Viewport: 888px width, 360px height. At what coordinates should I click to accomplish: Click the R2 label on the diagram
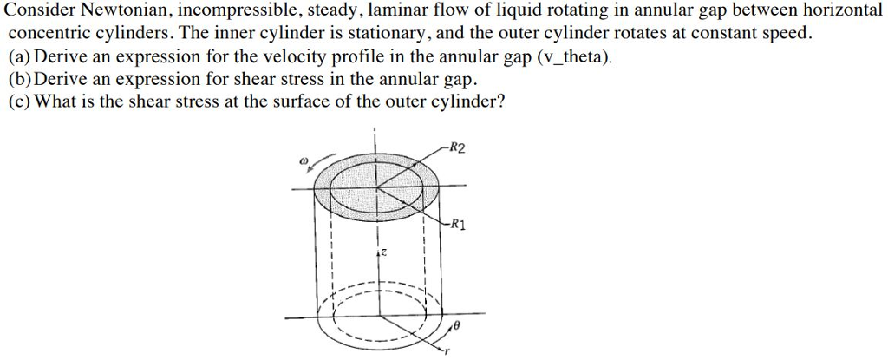(x=457, y=149)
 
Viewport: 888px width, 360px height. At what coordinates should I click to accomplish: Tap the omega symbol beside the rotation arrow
(x=304, y=161)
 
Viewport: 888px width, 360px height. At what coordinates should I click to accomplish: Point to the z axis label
(x=383, y=252)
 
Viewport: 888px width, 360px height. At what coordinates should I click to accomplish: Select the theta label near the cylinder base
(x=457, y=327)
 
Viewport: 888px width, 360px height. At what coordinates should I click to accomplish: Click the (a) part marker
(x=21, y=57)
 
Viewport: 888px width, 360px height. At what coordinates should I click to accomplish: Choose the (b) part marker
(x=21, y=79)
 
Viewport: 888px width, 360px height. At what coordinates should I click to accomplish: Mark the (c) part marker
(x=21, y=102)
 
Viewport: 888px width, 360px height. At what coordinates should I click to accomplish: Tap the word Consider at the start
(x=42, y=10)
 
